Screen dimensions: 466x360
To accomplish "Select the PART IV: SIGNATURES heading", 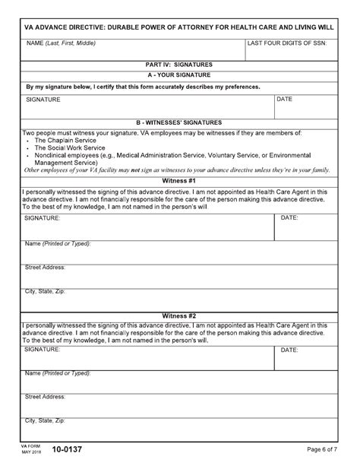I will [x=179, y=65].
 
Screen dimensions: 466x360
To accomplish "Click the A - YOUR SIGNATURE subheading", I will [x=179, y=75].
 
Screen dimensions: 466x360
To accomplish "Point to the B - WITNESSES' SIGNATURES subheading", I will [x=179, y=122].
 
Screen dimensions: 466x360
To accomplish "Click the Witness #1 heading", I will [x=179, y=181].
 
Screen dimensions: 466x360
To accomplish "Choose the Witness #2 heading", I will [x=179, y=315].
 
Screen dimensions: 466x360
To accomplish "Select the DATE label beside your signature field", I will [x=284, y=99].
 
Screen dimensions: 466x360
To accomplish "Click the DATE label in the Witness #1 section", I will [x=289, y=217].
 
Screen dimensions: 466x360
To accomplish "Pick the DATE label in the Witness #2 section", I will [x=289, y=350].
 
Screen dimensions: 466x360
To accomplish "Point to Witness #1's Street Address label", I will [x=46, y=268].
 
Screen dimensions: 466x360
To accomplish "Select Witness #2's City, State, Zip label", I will [x=46, y=420].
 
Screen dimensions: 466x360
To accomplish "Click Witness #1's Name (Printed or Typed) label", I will [x=58, y=243].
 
